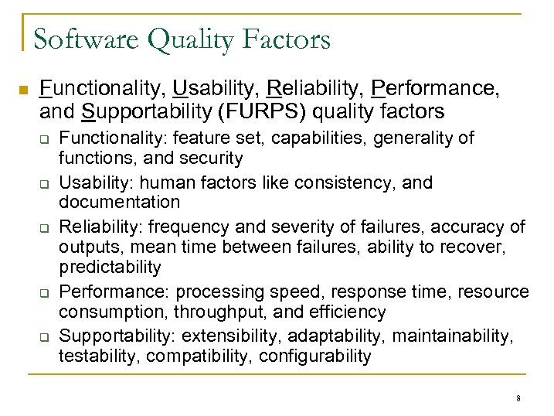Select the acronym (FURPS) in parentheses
click(266, 112)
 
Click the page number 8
click(518, 398)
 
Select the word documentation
click(119, 203)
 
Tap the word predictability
click(110, 268)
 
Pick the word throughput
click(217, 312)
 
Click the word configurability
click(315, 356)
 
